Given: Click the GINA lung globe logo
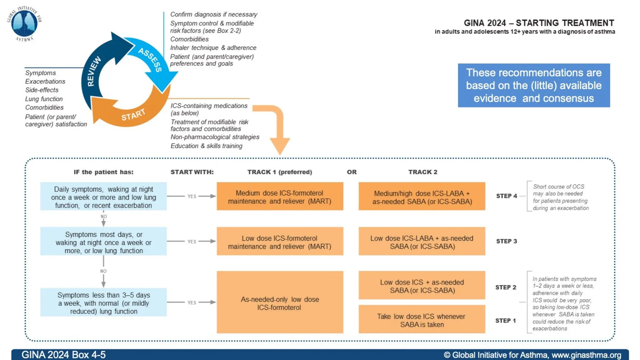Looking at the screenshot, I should pyautogui.click(x=24, y=24).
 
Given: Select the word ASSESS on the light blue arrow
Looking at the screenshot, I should pyautogui.click(x=150, y=60).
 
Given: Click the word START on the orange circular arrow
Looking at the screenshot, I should pyautogui.click(x=133, y=115).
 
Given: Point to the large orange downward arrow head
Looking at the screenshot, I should pyautogui.click(x=280, y=145).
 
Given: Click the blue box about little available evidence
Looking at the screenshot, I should pyautogui.click(x=534, y=85).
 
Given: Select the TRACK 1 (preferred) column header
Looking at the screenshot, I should pyautogui.click(x=280, y=172).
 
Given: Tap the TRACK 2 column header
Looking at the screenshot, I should pyautogui.click(x=422, y=172).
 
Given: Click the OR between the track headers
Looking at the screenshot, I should pyautogui.click(x=352, y=172).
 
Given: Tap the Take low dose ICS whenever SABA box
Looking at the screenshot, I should pyautogui.click(x=422, y=320).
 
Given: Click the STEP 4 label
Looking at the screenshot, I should pyautogui.click(x=507, y=196).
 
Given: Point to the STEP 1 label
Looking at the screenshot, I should pyautogui.click(x=505, y=321).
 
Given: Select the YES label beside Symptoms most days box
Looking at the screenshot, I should pyautogui.click(x=192, y=242).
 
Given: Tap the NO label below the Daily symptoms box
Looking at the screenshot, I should pyautogui.click(x=104, y=217).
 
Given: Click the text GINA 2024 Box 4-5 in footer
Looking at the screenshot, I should pyautogui.click(x=63, y=355).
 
